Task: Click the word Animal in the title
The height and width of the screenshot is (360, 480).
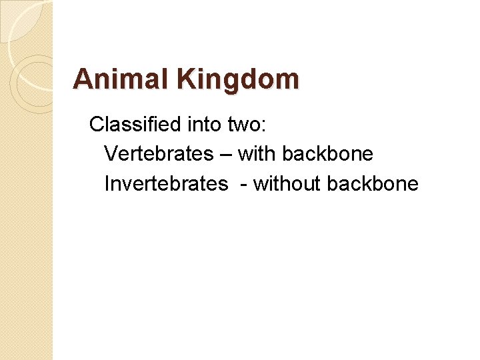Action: (121, 79)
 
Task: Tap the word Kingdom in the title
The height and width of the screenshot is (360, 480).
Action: (238, 80)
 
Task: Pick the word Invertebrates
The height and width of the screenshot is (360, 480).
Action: (166, 184)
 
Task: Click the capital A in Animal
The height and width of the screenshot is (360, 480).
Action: (83, 79)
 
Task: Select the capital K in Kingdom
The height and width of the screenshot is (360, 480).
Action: (186, 79)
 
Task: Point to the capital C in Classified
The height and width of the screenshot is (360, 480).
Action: (97, 124)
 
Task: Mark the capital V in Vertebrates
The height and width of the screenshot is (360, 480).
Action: (111, 154)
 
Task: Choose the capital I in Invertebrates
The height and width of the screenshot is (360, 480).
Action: (107, 184)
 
